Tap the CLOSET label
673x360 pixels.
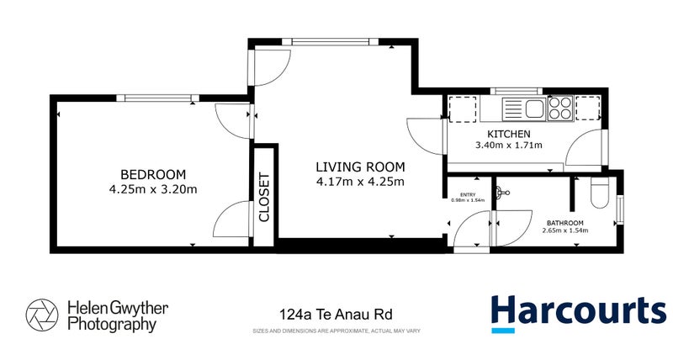tap(264, 197)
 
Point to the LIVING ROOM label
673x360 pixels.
tap(360, 166)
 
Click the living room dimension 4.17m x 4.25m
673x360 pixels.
tap(360, 181)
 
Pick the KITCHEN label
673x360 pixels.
tap(509, 134)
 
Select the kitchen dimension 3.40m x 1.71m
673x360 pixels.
tap(509, 146)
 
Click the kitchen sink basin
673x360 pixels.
tap(515, 109)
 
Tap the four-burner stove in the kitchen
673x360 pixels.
tap(560, 108)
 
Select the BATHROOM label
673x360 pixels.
tap(564, 223)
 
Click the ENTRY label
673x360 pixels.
tap(458, 193)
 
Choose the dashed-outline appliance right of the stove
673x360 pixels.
tap(589, 108)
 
